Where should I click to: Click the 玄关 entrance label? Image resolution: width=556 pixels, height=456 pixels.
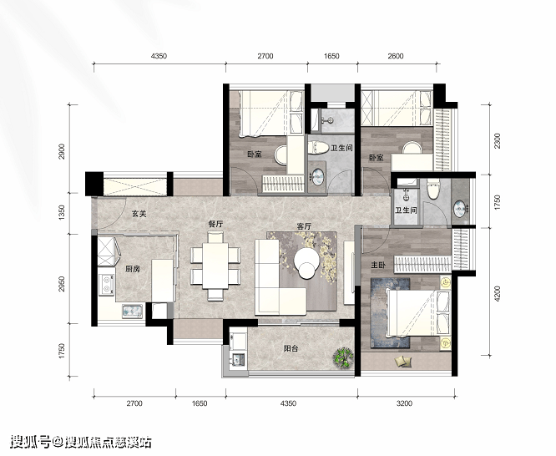(x=139, y=214)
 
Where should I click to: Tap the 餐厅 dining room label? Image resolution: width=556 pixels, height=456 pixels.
(x=215, y=225)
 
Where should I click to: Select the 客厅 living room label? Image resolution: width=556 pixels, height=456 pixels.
(x=304, y=226)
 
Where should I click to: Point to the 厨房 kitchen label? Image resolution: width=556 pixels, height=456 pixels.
(x=132, y=269)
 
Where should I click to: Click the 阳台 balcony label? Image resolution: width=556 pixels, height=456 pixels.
(x=291, y=348)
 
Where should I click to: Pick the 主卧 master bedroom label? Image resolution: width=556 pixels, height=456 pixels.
(x=378, y=265)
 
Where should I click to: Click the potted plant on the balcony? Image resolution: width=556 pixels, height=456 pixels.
(x=343, y=357)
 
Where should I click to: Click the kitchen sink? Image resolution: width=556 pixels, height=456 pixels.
(x=132, y=312)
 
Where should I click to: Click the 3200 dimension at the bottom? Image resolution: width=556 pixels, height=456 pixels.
(x=404, y=403)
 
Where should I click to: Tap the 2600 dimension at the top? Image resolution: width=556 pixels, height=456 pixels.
(x=396, y=56)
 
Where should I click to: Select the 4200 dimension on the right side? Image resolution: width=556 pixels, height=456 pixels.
(x=498, y=294)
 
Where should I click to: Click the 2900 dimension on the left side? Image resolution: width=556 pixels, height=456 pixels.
(x=63, y=151)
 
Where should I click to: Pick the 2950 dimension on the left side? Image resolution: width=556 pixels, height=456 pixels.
(x=63, y=284)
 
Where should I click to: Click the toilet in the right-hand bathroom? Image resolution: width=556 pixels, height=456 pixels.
(x=433, y=189)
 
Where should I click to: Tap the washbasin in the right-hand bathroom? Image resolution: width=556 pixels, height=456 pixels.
(x=460, y=209)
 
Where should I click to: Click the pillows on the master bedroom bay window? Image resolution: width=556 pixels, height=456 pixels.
(x=403, y=362)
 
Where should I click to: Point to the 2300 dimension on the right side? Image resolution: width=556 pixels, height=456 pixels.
(x=498, y=140)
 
